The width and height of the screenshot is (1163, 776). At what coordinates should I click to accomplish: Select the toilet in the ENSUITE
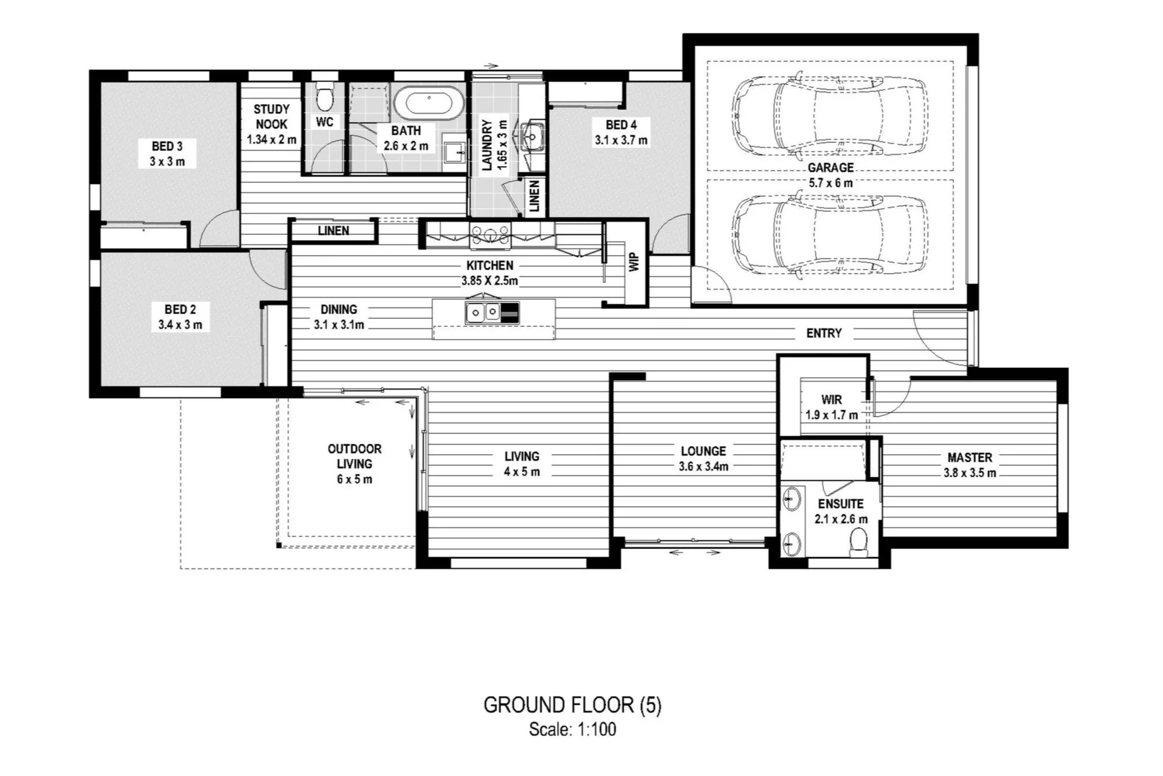(x=859, y=542)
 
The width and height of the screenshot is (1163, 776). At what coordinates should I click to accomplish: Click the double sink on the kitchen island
(x=483, y=313)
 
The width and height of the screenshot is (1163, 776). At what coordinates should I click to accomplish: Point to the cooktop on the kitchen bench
(x=490, y=233)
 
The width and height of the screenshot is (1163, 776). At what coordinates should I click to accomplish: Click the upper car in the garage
(x=830, y=115)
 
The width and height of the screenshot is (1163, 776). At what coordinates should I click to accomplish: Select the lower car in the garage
(x=830, y=234)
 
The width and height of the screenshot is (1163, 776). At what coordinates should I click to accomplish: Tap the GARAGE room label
(x=831, y=167)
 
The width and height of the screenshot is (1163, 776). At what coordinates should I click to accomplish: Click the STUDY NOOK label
(x=271, y=116)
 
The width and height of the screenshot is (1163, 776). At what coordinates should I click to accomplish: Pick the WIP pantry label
(x=634, y=262)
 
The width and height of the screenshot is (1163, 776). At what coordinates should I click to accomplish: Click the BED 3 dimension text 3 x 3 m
(x=167, y=162)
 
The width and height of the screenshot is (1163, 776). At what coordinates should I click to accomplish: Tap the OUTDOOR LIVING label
(x=355, y=456)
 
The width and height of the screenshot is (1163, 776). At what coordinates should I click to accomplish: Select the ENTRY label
(x=823, y=333)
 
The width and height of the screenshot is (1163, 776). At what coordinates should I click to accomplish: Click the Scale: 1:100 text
(x=572, y=730)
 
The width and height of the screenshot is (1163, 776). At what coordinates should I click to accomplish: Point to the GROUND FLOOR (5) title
(x=572, y=705)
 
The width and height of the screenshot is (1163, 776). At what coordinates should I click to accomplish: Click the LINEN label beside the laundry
(x=534, y=195)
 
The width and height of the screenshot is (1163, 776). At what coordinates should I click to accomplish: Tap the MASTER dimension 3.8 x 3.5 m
(x=969, y=473)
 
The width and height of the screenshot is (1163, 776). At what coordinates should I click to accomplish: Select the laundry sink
(x=533, y=135)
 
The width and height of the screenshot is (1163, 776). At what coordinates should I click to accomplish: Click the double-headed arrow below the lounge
(x=694, y=553)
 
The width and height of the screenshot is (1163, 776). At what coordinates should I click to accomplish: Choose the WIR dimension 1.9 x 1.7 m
(x=831, y=415)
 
